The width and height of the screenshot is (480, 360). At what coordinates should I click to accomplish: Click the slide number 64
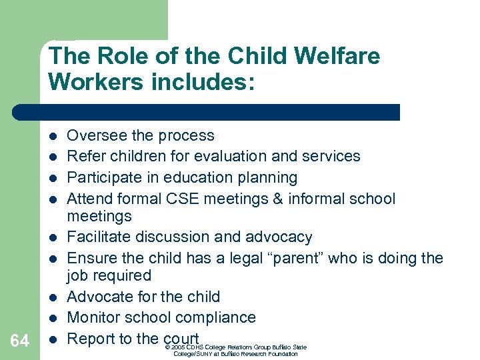pos(20,341)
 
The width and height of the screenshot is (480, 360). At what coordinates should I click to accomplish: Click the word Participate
pos(104,177)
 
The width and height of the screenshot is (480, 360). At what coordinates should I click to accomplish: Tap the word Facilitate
pos(100,237)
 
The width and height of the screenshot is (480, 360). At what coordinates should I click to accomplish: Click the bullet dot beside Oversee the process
pos(52,135)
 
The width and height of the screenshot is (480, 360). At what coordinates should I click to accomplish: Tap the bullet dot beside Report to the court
pos(52,339)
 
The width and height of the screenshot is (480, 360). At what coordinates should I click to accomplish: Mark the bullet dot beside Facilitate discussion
pos(52,237)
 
